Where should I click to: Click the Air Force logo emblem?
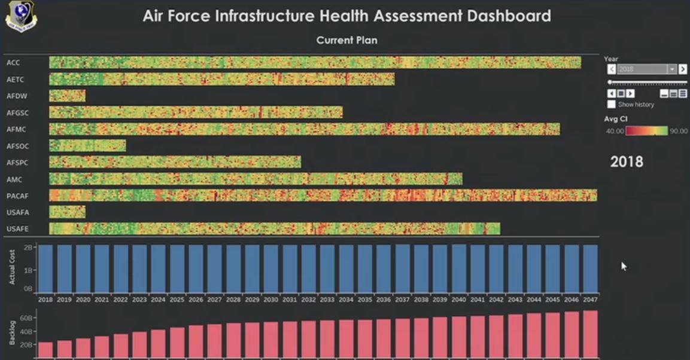pyautogui.click(x=21, y=16)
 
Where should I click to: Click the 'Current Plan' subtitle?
pyautogui.click(x=346, y=41)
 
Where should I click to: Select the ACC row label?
pyautogui.click(x=13, y=62)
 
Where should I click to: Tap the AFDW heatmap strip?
pyautogui.click(x=67, y=96)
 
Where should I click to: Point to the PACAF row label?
pyautogui.click(x=17, y=196)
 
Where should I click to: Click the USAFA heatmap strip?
pyautogui.click(x=67, y=212)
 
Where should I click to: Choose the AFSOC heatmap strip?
pyautogui.click(x=87, y=145)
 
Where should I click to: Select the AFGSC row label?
pyautogui.click(x=17, y=112)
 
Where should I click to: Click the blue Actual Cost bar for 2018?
pyautogui.click(x=45, y=268)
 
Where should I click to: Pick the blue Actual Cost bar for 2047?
pyautogui.click(x=590, y=268)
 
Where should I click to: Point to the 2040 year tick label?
pyautogui.click(x=458, y=300)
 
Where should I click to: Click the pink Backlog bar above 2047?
pyautogui.click(x=590, y=334)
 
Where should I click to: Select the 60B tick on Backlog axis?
pyautogui.click(x=26, y=318)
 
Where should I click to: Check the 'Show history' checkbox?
pyautogui.click(x=611, y=105)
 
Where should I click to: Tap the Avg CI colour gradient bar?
pyautogui.click(x=646, y=130)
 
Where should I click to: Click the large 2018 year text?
pyautogui.click(x=627, y=161)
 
